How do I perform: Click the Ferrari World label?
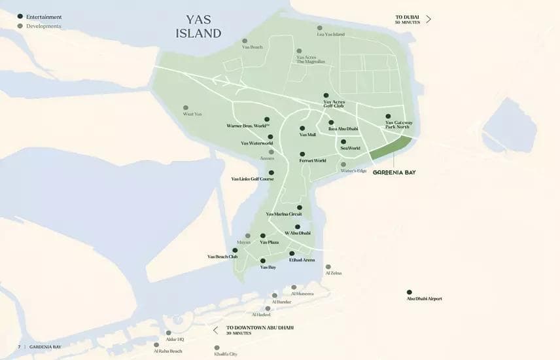click(312, 160)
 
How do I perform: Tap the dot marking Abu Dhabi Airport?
click(410, 292)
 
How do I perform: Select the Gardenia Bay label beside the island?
click(394, 172)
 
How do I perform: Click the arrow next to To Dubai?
click(429, 19)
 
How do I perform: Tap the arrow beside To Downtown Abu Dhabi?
click(215, 330)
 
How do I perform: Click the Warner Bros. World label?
click(248, 125)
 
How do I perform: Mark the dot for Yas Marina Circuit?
click(300, 207)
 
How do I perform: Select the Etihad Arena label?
click(302, 260)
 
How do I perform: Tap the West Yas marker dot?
click(186, 108)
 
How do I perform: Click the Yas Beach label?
click(252, 47)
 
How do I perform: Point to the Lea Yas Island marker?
click(320, 28)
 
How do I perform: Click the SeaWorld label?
click(350, 149)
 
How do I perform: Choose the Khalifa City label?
click(225, 354)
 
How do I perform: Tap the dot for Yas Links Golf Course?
click(271, 173)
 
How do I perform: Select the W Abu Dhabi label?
click(297, 233)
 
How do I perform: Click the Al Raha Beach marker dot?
click(156, 344)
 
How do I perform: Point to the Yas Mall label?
click(307, 135)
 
